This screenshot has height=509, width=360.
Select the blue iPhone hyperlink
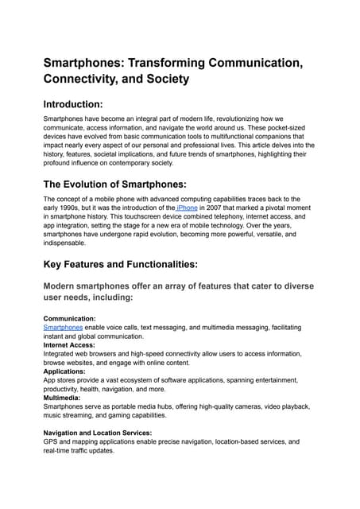(x=188, y=208)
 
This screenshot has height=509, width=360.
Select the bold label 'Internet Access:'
(x=71, y=344)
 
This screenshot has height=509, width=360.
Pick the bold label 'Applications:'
(x=64, y=371)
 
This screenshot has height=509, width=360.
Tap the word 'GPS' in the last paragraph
(x=52, y=441)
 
